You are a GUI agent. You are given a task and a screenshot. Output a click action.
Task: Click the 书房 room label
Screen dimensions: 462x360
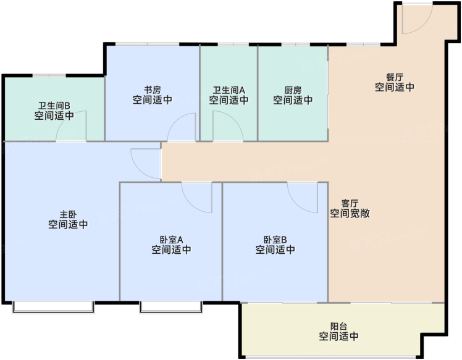[153, 90]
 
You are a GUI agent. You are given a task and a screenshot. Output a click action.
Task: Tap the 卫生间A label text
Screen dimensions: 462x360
[229, 90]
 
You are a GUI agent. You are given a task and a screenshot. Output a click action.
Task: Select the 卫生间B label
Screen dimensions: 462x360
[54, 106]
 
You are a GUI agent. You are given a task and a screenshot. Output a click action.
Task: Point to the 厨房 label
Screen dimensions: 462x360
[293, 90]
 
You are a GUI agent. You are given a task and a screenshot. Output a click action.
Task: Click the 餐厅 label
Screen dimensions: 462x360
[395, 77]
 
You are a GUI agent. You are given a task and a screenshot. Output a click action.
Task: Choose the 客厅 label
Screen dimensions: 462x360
[350, 203]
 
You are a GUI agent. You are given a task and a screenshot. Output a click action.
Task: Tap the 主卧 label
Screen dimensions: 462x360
[68, 214]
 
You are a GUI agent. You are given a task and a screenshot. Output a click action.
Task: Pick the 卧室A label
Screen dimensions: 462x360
[172, 240]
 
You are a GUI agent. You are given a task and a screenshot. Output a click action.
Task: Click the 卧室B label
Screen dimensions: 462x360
[275, 240]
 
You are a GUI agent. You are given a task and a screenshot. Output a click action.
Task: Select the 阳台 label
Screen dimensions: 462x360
[338, 326]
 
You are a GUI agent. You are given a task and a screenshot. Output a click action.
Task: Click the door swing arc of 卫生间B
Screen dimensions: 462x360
[64, 119]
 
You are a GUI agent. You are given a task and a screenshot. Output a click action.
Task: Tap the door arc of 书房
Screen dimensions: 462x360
[175, 120]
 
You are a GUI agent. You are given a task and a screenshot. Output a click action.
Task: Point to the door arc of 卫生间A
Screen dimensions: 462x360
[235, 119]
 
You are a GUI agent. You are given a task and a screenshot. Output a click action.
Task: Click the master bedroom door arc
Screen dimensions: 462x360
[140, 171]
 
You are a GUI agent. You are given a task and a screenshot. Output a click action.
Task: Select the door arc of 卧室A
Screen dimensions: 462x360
[190, 204]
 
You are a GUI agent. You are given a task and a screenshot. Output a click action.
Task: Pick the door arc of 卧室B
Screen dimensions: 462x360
[296, 204]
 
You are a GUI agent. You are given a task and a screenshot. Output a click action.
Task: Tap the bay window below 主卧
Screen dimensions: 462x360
[53, 308]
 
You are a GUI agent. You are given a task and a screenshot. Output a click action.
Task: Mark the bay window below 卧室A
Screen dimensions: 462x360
[171, 308]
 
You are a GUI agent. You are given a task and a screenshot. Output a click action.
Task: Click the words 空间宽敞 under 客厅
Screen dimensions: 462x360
[350, 213]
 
